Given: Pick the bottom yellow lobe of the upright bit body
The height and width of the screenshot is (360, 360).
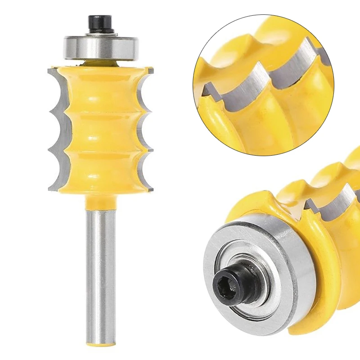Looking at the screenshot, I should (x=100, y=171).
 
